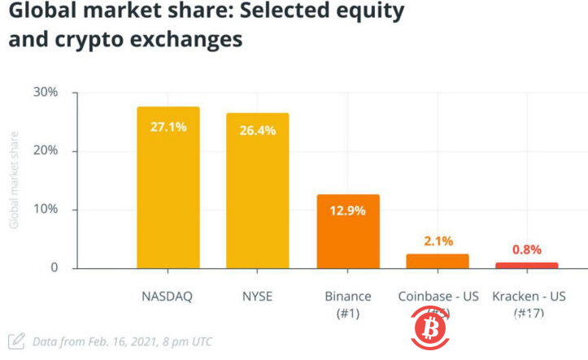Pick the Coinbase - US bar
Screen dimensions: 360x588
coord(438,261)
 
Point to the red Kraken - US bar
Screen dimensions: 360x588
coord(527,265)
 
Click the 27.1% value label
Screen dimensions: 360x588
coord(168,127)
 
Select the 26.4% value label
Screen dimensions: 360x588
coord(258,131)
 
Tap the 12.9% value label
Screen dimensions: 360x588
coord(347,210)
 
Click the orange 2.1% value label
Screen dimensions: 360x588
coord(438,241)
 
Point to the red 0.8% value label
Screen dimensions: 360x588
coord(527,249)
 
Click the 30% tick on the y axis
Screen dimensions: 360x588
coord(46,92)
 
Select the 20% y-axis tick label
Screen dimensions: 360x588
coord(46,151)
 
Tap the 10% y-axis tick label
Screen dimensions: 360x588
coord(46,210)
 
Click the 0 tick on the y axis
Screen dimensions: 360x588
coord(54,268)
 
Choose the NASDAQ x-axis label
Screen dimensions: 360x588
coord(168,296)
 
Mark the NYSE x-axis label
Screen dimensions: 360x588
coord(258,296)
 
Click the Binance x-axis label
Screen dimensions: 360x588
coord(347,296)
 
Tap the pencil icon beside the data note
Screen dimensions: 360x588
coord(15,341)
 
